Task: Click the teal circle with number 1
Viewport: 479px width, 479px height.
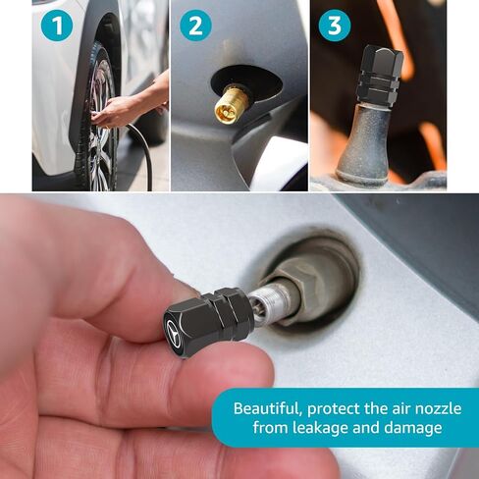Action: (57, 25)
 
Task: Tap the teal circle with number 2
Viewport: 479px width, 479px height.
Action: (194, 25)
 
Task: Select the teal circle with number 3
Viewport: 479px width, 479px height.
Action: (334, 25)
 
